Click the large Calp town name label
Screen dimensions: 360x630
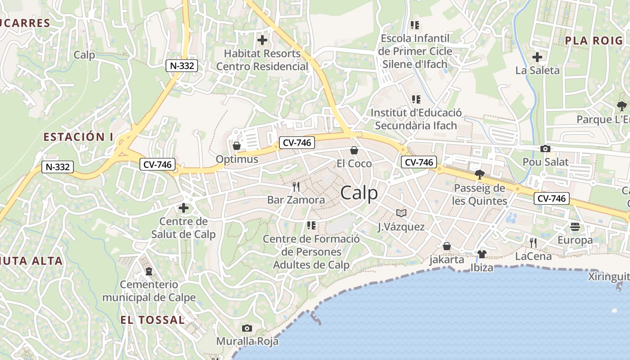[x=359, y=193]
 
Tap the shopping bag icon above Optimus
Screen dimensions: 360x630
[x=236, y=145]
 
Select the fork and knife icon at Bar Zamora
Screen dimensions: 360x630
[x=296, y=186]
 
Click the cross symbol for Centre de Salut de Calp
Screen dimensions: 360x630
[x=183, y=208]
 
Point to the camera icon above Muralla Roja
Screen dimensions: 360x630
[x=247, y=328]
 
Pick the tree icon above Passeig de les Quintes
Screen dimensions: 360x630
[x=479, y=174]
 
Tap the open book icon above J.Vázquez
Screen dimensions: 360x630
[x=401, y=213]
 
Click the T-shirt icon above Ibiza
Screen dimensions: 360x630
[x=481, y=254]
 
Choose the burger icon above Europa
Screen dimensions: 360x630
[x=575, y=227]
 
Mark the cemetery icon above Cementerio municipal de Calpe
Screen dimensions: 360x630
[x=149, y=271]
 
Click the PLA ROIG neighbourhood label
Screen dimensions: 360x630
[x=594, y=40]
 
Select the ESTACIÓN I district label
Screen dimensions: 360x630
[x=78, y=137]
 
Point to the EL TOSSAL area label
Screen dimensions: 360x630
[x=153, y=320]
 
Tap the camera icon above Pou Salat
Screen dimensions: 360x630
[x=545, y=148]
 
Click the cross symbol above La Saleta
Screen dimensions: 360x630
[x=537, y=57]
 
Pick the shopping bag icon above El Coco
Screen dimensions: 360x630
[x=354, y=150]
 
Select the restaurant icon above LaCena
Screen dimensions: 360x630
[x=533, y=243]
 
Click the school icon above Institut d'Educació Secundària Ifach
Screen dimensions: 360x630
[x=416, y=99]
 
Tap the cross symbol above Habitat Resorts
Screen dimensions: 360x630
[x=262, y=40]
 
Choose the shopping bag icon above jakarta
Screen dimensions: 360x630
[x=447, y=246]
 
